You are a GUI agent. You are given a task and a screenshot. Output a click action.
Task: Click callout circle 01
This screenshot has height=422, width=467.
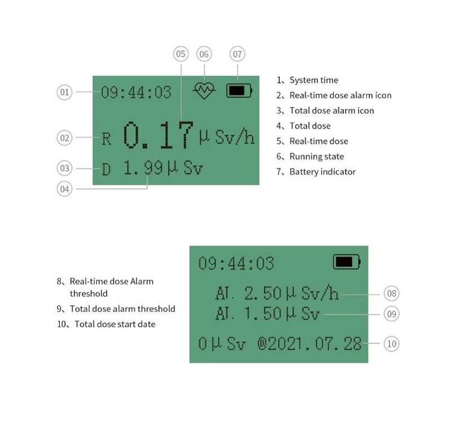point(65,92)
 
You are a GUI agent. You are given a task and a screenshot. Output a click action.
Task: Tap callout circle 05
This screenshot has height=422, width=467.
point(181,54)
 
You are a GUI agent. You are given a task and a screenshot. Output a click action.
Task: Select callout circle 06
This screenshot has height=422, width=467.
point(204,54)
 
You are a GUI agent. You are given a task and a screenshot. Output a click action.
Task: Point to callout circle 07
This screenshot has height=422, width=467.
point(238,54)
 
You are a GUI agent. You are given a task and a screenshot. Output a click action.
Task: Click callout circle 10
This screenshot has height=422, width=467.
point(392,344)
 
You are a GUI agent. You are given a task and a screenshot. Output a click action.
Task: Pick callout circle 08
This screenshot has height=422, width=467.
point(392,294)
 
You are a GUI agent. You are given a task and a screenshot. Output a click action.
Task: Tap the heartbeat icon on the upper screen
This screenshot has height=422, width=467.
point(204,91)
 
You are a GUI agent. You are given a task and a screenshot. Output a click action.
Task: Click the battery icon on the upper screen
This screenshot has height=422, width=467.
point(239,91)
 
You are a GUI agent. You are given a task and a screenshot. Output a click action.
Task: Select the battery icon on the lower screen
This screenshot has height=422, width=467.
point(346,262)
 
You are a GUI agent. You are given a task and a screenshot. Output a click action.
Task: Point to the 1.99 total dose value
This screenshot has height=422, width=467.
point(142,168)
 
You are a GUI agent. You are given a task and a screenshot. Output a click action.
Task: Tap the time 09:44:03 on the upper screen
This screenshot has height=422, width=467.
point(136,92)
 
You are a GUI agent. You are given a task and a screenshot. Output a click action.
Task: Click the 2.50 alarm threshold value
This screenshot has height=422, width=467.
point(263,294)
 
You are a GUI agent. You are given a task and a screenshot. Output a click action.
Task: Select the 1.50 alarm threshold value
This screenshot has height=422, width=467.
point(263,314)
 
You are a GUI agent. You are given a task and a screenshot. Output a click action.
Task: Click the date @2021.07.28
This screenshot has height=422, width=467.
point(310,344)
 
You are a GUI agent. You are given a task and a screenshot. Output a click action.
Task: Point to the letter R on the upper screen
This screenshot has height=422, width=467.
point(106,139)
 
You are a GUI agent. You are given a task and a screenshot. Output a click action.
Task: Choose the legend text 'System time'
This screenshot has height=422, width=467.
point(313,80)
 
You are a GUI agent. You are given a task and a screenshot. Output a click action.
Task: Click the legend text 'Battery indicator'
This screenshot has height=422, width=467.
point(322,172)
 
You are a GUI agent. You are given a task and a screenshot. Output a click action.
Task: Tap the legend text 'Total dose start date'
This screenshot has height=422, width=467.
point(115,324)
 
